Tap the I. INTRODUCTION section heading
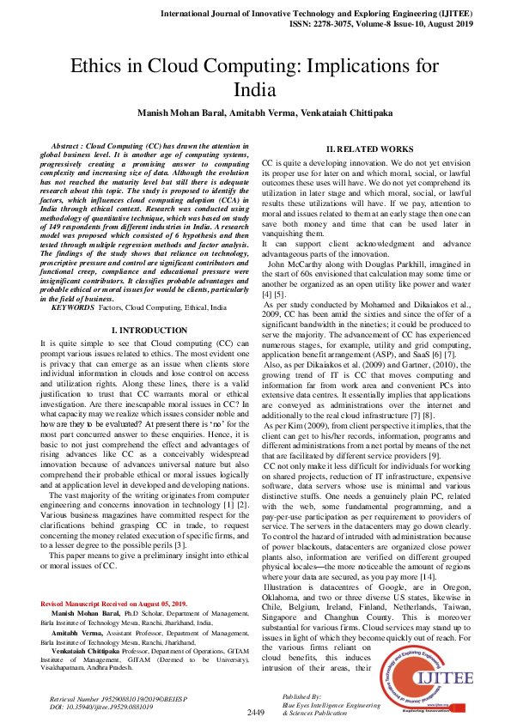pos(151,330)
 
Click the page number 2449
pos(256,713)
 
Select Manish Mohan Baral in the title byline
pos(175,112)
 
